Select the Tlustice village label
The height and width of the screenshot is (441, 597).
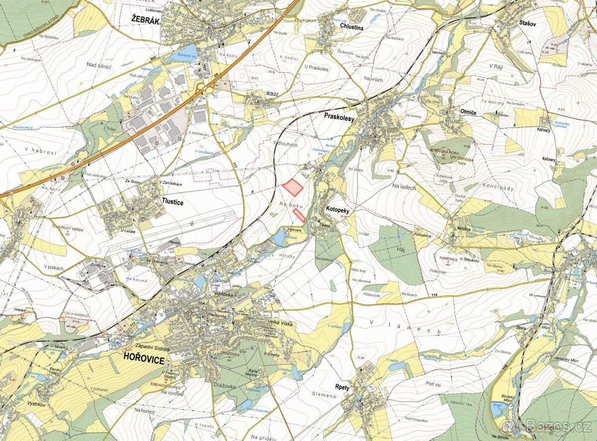pyautogui.click(x=173, y=201)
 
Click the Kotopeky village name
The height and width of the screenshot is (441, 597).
pyautogui.click(x=338, y=211)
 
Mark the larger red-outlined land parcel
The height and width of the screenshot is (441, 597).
pyautogui.click(x=294, y=187)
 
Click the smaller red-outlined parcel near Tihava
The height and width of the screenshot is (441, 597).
pyautogui.click(x=299, y=215)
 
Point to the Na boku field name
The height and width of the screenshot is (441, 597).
pyautogui.click(x=291, y=205)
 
